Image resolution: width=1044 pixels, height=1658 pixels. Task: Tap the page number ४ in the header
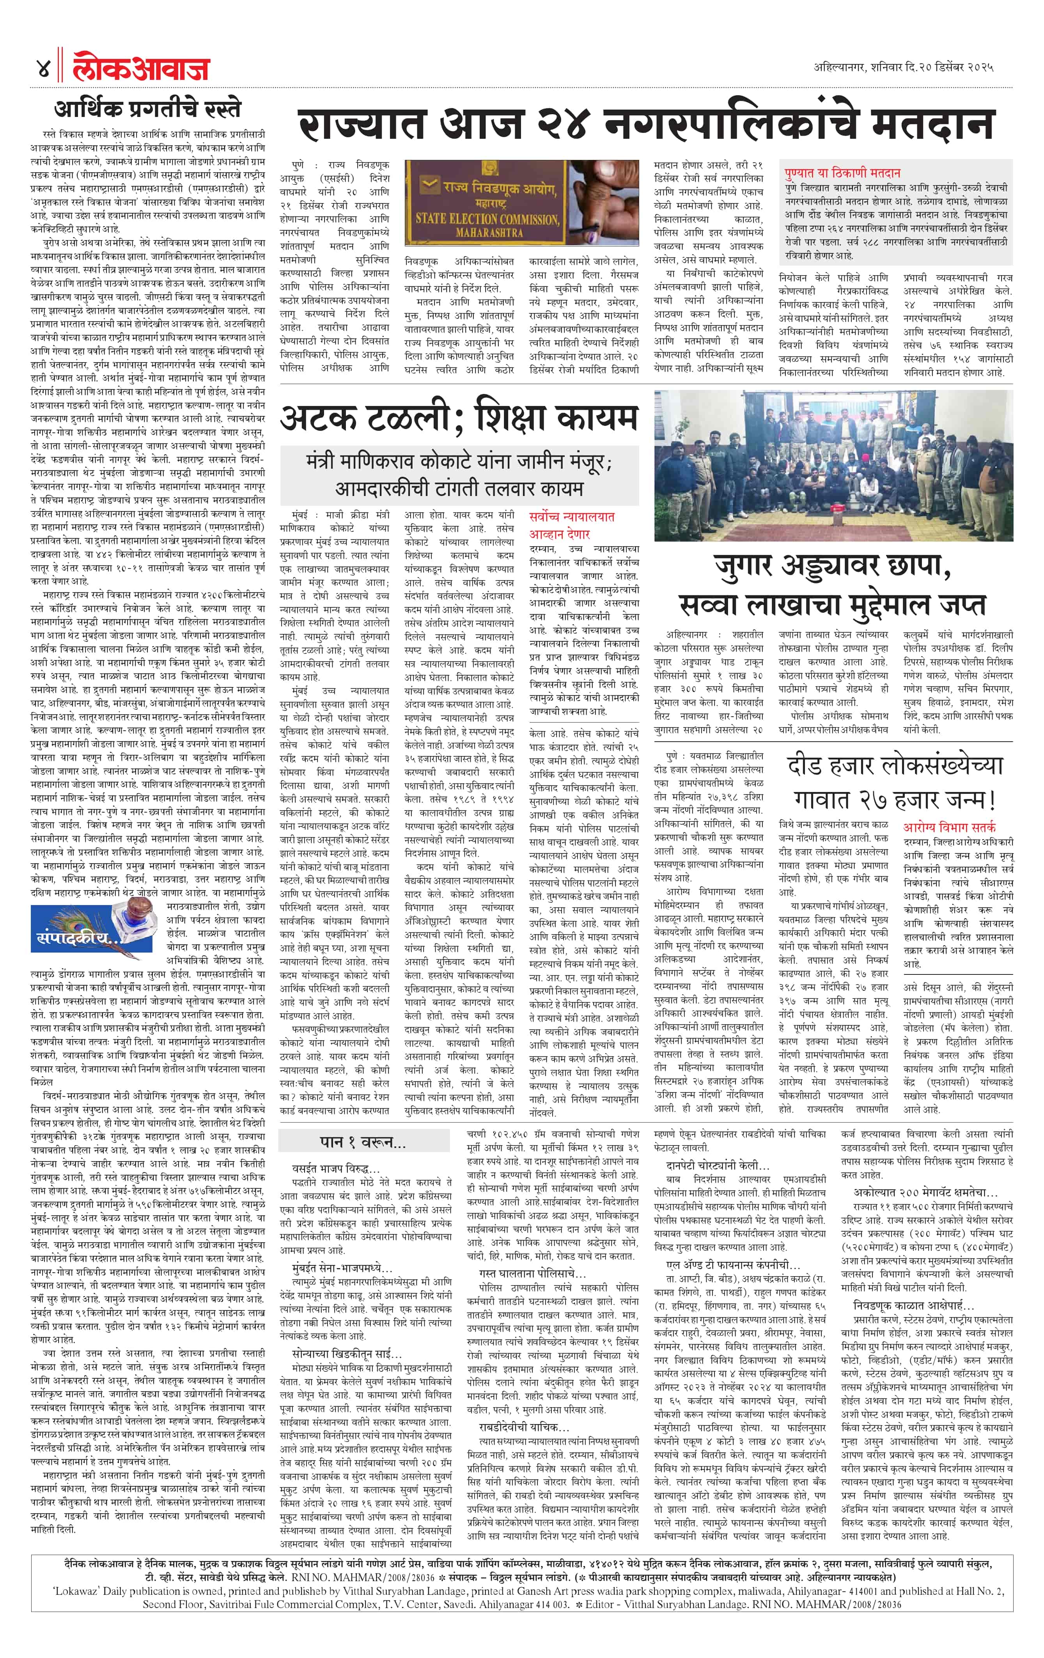pos(43,68)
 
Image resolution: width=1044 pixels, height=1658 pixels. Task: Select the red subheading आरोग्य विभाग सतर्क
pos(949,826)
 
